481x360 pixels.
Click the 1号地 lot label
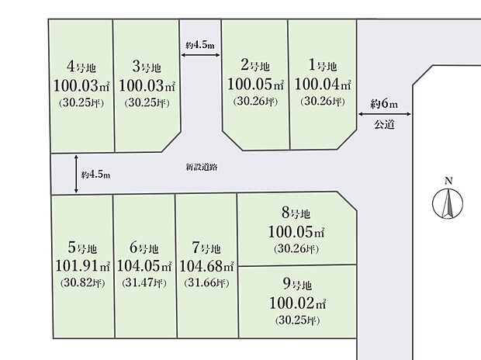point(323,66)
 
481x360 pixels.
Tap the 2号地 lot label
point(254,66)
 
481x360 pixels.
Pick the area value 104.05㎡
point(144,266)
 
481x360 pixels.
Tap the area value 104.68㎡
point(206,266)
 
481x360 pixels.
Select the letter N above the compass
point(447,182)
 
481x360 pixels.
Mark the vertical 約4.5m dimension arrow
point(77,174)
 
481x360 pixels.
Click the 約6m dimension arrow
point(385,114)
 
